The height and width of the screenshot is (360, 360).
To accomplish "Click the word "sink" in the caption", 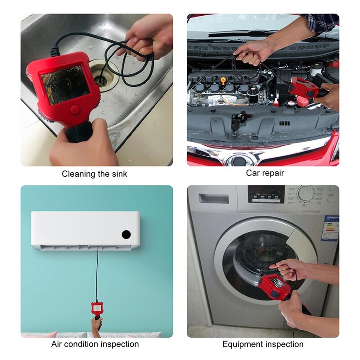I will coord(118,174).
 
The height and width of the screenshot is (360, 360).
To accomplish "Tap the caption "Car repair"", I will coord(265,173).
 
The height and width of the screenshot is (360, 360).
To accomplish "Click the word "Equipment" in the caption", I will coord(242,345).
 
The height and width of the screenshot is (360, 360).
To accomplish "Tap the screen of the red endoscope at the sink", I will coord(66,84).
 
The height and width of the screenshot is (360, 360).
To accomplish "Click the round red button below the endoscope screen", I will coord(75,109).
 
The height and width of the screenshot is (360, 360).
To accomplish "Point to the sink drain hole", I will coord(102,79).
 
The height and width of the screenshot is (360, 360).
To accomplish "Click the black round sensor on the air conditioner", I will coord(126,234).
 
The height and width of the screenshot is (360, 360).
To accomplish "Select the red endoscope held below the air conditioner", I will coord(96,309).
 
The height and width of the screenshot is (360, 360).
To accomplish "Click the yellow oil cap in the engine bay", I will coord(223,80).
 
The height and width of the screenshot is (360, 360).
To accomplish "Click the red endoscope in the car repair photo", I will coord(302,86).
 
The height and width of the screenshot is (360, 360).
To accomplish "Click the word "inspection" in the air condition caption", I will coord(116,344).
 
